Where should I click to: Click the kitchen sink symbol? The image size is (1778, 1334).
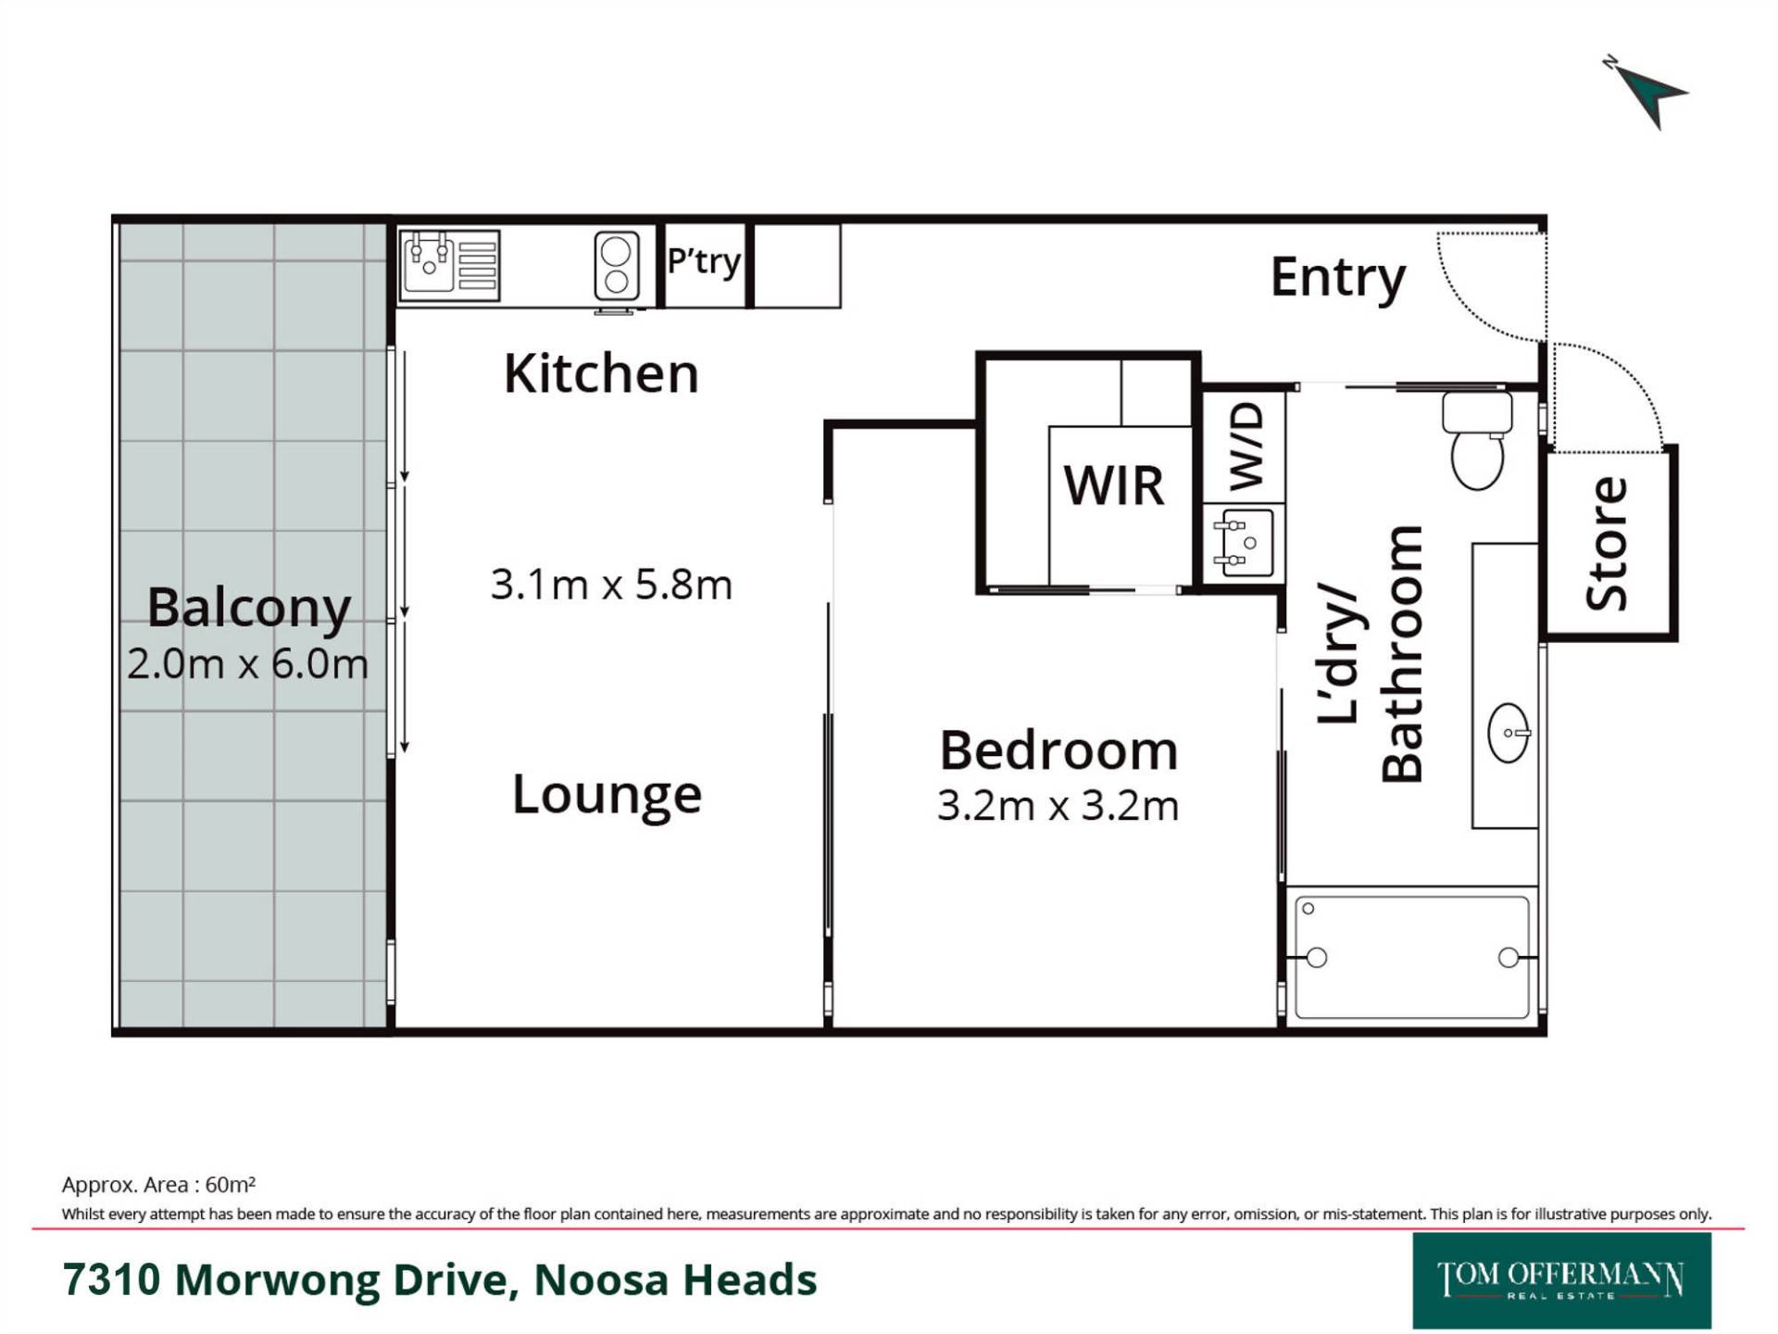click(450, 266)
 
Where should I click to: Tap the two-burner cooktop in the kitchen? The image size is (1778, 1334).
click(617, 266)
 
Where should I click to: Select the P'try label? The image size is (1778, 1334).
click(704, 262)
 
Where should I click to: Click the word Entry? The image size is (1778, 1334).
click(1337, 279)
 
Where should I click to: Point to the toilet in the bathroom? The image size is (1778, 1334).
click(1477, 441)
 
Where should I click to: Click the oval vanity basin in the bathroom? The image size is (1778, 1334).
click(1509, 733)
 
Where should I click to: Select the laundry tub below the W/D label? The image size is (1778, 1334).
click(1246, 543)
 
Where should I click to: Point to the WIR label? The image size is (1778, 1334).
click(1113, 485)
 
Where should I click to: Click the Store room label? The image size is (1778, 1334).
click(1607, 544)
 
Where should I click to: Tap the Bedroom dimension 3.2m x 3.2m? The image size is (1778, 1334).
click(1058, 806)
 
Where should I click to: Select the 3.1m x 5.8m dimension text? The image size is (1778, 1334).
click(611, 585)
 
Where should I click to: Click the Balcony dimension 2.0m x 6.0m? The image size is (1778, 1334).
click(248, 664)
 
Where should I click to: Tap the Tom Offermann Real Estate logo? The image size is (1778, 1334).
click(1561, 1280)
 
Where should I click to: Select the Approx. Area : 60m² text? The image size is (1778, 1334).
click(158, 1185)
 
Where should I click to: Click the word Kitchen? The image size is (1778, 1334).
click(601, 374)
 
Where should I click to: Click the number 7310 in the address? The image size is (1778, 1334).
click(111, 1280)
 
